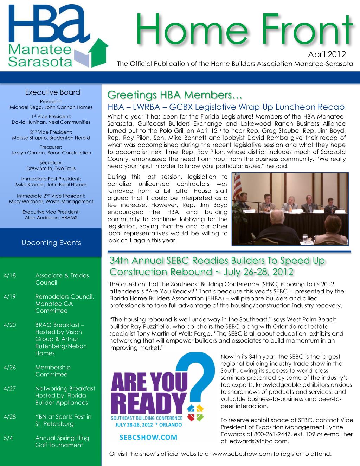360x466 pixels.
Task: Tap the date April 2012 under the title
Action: click(327, 55)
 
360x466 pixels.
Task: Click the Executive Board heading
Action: click(52, 92)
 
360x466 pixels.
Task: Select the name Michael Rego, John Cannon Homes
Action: click(51, 107)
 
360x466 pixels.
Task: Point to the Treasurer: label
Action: click(51, 147)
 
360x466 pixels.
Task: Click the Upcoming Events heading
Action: click(51, 243)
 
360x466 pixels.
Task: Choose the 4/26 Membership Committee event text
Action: click(53, 371)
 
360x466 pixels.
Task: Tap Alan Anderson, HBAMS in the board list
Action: click(51, 218)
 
